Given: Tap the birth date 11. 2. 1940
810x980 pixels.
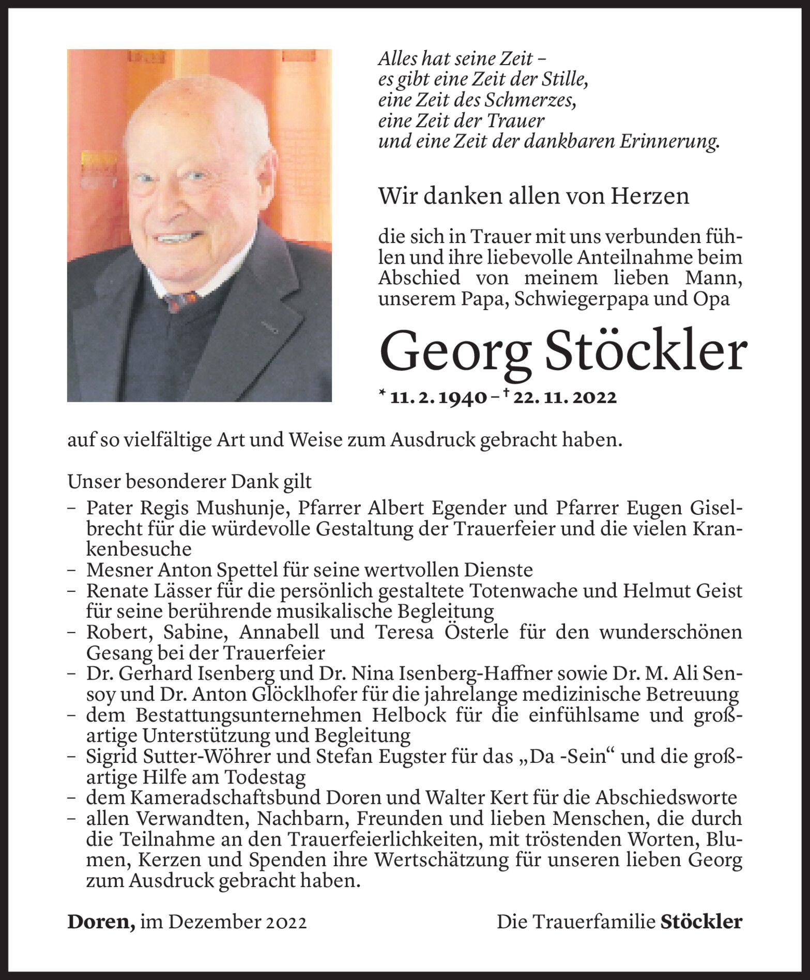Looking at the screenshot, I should (x=438, y=397).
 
